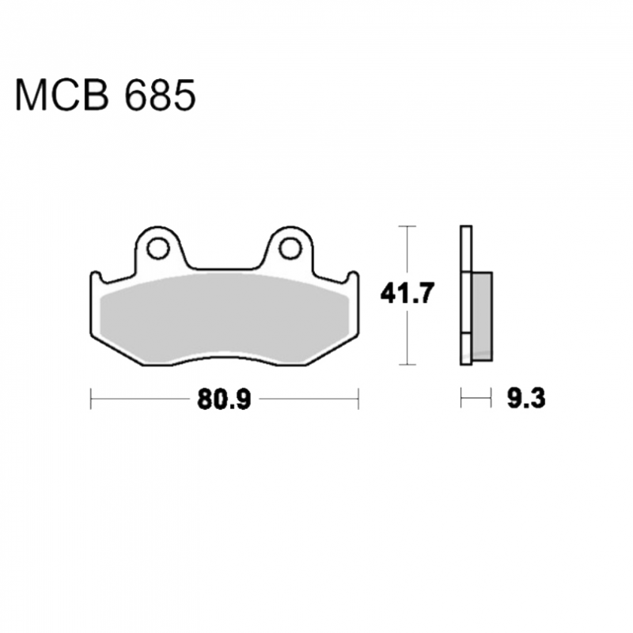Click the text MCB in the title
(62, 95)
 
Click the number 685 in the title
(161, 95)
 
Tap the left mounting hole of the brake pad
(157, 248)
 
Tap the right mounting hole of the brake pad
(290, 248)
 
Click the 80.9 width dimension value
(224, 400)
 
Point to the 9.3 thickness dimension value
(526, 398)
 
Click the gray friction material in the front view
(224, 319)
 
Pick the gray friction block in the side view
(482, 316)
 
